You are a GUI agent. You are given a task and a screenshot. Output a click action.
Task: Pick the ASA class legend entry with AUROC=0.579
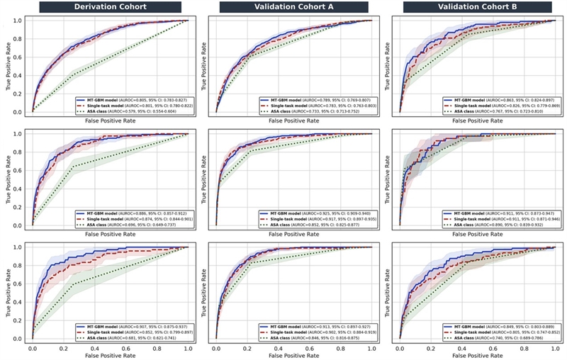pyautogui.click(x=133, y=111)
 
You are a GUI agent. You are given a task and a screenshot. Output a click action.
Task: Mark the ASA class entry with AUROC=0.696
pyautogui.click(x=133, y=225)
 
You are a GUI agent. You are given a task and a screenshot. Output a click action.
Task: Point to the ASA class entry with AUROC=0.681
pyautogui.click(x=133, y=338)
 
